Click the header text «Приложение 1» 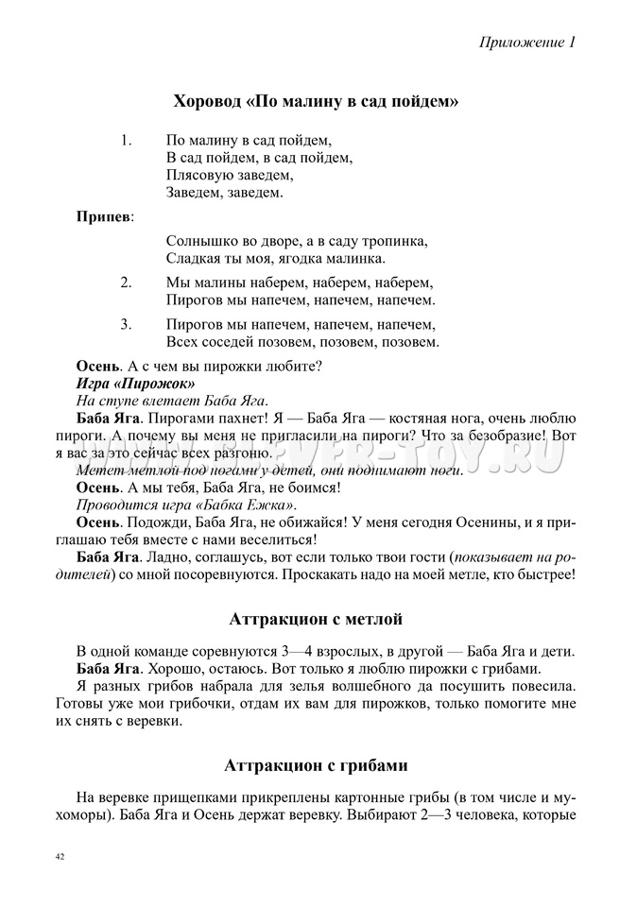click(526, 43)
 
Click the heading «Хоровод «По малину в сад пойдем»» click(317, 101)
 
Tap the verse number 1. click(126, 141)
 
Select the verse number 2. click(126, 282)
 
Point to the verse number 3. click(126, 324)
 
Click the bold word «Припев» click(104, 216)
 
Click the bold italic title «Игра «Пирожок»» click(135, 384)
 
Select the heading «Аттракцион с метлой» click(317, 620)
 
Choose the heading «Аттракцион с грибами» click(317, 764)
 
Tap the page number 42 click(60, 856)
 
